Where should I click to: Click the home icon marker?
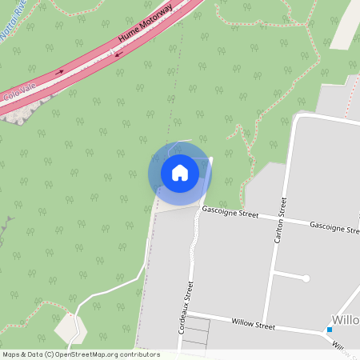click(180, 172)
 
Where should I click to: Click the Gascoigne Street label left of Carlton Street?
click(230, 214)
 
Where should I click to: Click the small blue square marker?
click(329, 330)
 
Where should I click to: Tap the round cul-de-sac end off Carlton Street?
click(306, 278)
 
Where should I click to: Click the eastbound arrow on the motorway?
click(59, 72)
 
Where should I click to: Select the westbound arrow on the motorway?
click(118, 54)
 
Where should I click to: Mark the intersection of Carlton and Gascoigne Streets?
click(279, 222)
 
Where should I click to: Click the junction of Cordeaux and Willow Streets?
click(186, 314)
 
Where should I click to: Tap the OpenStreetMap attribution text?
click(81, 354)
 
